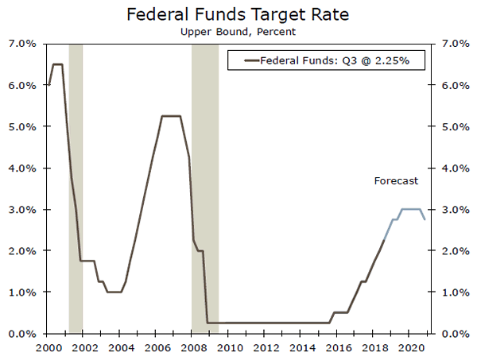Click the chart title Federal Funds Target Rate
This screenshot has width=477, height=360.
[238, 14]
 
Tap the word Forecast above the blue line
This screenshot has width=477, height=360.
[396, 181]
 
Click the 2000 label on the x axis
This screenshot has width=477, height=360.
[48, 347]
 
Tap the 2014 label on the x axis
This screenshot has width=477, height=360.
[302, 347]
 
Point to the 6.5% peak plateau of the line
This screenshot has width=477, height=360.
[57, 64]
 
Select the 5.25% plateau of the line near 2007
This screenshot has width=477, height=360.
[171, 116]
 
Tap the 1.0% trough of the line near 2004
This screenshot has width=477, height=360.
[114, 292]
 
